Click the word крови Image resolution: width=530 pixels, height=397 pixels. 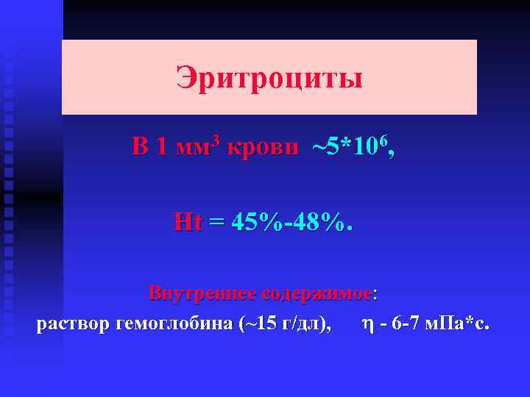[264, 147]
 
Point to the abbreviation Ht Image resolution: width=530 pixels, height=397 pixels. [187, 221]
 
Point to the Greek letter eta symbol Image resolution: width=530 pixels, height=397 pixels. [368, 324]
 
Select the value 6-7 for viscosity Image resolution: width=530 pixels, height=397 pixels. [405, 323]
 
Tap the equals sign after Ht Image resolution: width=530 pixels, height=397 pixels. [216, 221]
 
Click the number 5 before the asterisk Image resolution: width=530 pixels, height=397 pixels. [336, 147]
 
